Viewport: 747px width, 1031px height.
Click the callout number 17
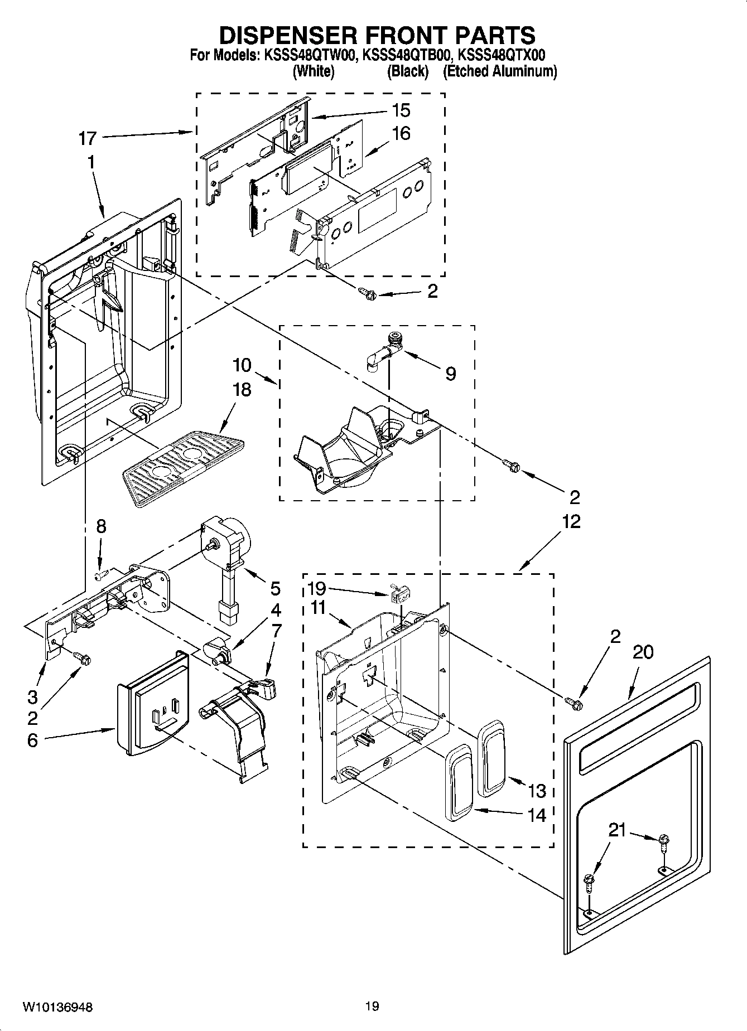tap(88, 138)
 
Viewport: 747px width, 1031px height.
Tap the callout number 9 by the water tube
tap(450, 374)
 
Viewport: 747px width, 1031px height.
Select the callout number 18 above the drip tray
tap(242, 389)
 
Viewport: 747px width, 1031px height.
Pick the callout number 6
tap(32, 740)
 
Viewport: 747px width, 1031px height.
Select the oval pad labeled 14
tap(459, 781)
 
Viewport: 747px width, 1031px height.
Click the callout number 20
tap(643, 651)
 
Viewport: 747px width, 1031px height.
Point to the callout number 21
tap(617, 831)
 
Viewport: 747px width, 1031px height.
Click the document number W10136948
tap(57, 1007)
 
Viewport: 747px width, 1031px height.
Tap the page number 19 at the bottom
tap(372, 1006)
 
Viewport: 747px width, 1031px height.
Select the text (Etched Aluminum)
tap(499, 71)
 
